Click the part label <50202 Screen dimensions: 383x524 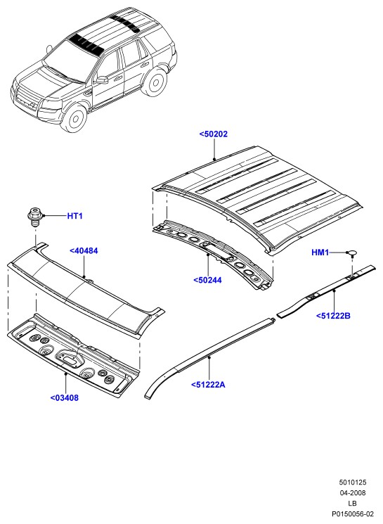[214, 134]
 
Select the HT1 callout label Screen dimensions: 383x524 [74, 216]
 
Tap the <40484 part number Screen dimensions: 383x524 [84, 250]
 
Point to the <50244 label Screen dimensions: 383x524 [207, 280]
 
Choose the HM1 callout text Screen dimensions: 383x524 [320, 253]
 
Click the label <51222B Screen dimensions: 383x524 [333, 316]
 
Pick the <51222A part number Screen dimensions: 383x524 [208, 385]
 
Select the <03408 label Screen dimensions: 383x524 [65, 397]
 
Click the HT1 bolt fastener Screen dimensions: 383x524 [34, 217]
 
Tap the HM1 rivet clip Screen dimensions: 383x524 [352, 253]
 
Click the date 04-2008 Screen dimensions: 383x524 [353, 493]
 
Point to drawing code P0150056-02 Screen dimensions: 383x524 [352, 514]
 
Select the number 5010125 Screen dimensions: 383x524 [353, 483]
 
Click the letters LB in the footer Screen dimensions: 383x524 [352, 504]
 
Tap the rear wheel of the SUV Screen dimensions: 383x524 [155, 82]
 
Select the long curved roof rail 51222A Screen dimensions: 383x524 [209, 357]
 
